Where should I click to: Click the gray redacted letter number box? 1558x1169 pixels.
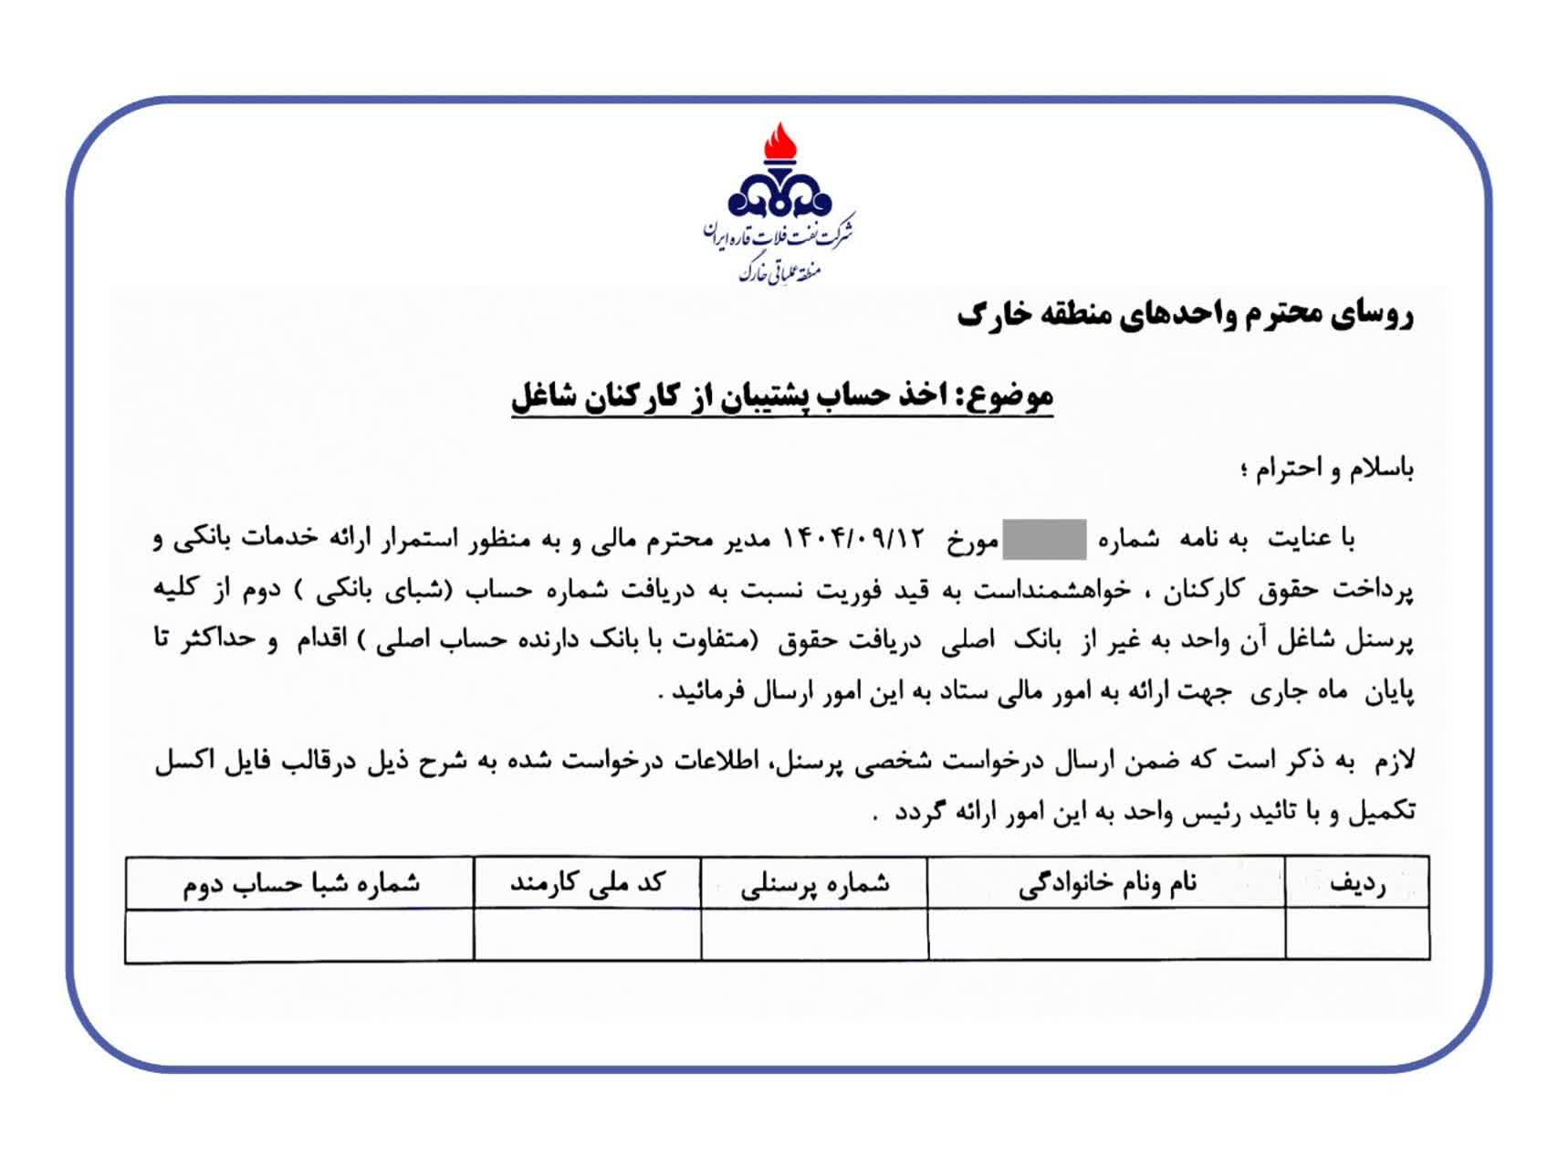pos(1044,539)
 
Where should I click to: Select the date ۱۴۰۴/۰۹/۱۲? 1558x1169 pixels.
pos(854,539)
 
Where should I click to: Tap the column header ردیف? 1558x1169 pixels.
pos(1357,883)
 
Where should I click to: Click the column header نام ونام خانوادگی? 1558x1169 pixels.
pos(1106,883)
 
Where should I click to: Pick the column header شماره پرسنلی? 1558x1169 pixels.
pos(814,883)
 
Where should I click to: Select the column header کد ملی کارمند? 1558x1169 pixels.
pos(587,883)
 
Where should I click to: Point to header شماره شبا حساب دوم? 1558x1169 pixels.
pos(300,883)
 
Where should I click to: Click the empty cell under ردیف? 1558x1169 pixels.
pos(1357,934)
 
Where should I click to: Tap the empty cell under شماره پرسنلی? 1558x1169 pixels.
pos(814,934)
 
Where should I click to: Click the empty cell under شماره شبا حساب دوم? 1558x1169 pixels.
pos(300,934)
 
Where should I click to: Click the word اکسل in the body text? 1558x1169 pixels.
pos(184,762)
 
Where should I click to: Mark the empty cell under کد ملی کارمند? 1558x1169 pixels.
pos(587,934)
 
